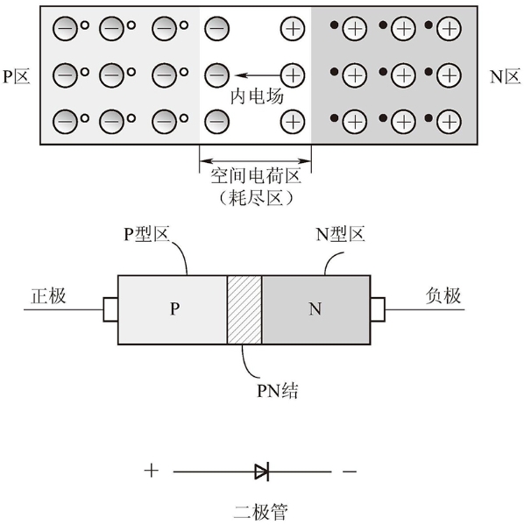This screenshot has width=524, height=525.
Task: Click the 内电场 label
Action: (x=257, y=96)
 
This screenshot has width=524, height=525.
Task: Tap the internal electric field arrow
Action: (x=258, y=75)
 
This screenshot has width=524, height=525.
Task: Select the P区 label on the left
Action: (x=17, y=76)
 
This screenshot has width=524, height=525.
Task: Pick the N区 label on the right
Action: (x=505, y=76)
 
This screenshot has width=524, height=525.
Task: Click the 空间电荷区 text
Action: (x=256, y=176)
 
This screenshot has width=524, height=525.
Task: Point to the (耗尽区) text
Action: (x=256, y=198)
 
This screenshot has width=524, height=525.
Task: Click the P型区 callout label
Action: (x=146, y=234)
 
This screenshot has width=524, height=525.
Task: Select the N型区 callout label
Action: (x=340, y=234)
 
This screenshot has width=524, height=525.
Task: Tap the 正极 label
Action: (x=48, y=296)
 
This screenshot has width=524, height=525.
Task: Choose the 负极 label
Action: (x=443, y=296)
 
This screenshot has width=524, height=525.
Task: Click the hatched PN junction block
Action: (x=244, y=309)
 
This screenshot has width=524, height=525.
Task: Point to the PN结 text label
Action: (x=277, y=390)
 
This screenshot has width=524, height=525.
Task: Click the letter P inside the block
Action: (x=174, y=309)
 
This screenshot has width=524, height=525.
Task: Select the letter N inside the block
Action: (x=315, y=309)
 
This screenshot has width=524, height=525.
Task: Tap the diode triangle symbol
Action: (x=261, y=472)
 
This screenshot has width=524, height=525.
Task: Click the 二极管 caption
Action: (x=260, y=512)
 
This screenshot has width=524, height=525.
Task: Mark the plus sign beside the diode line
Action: (x=151, y=471)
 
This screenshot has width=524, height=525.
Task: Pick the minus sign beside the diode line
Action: (x=350, y=472)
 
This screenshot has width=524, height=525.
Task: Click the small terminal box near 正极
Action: (x=110, y=309)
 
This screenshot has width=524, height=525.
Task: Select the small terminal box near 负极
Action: (x=378, y=309)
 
